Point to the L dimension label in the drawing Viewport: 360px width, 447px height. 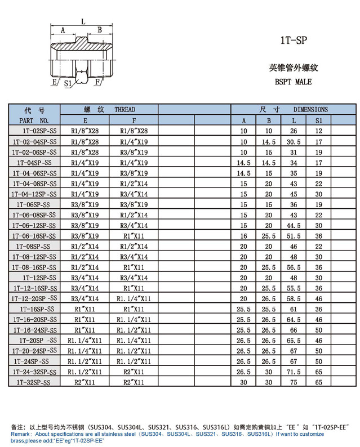[83, 22]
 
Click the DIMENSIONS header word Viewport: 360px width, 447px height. [310, 109]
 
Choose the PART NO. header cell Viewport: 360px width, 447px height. [34, 120]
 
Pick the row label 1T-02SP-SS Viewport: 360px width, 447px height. [34, 131]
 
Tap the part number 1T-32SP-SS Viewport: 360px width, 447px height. [34, 382]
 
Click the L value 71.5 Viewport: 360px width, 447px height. [294, 372]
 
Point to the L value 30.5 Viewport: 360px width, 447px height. [294, 141]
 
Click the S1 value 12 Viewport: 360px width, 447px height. [319, 131]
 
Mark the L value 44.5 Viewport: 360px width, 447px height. [294, 225]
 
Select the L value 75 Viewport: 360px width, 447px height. [294, 382]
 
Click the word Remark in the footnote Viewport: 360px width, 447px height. [21, 435]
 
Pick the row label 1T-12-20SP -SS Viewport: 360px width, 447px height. [34, 298]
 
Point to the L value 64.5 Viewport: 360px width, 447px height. [294, 319]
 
